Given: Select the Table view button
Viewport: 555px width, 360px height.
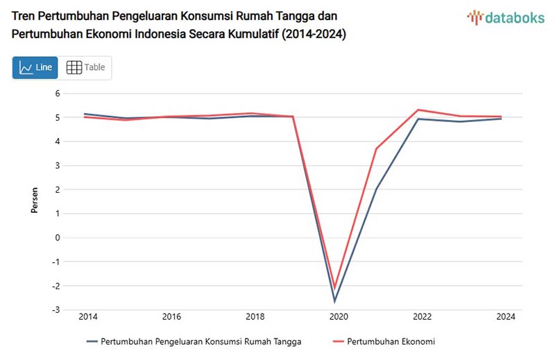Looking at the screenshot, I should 86,67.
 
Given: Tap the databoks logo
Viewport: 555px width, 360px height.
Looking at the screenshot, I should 506,18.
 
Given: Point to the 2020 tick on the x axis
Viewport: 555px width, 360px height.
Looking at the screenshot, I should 339,317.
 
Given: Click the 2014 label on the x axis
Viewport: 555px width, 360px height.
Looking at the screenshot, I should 88,317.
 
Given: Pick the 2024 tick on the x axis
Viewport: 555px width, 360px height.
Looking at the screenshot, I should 506,317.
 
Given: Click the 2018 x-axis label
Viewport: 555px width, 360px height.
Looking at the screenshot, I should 255,317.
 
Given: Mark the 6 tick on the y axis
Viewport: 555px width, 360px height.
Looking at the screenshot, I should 58,94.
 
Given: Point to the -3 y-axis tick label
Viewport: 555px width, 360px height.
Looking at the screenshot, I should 57,310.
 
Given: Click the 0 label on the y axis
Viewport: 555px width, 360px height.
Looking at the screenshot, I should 58,238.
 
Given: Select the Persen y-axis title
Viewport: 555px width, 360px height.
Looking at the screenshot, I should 35,201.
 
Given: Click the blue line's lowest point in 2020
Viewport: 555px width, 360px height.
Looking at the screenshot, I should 335,301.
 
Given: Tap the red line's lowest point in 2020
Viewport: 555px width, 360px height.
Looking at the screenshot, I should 335,287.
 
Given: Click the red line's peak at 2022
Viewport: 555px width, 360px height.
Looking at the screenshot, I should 418,110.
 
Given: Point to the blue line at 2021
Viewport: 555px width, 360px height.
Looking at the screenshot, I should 377,189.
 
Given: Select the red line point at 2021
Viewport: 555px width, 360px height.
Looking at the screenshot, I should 377,148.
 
